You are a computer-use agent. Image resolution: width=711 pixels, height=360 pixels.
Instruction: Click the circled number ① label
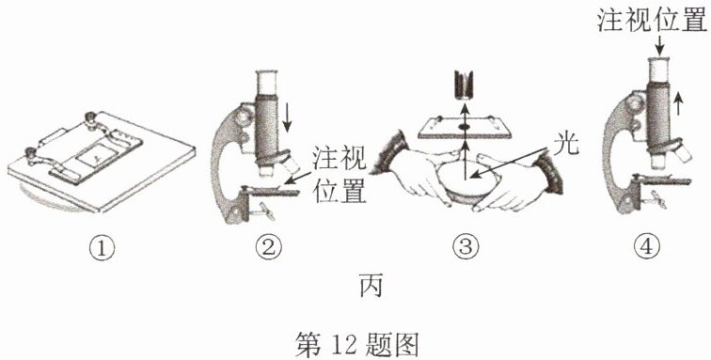[x=103, y=247]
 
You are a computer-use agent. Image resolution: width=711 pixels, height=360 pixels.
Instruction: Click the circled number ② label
[x=268, y=247]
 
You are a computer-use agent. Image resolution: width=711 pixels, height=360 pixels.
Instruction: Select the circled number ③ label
[x=466, y=247]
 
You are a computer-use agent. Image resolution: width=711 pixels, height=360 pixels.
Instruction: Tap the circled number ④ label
[x=646, y=247]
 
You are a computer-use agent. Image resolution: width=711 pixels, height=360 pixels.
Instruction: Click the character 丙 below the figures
[x=371, y=286]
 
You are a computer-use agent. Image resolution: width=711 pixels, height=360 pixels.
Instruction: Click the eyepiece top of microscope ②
[x=267, y=72]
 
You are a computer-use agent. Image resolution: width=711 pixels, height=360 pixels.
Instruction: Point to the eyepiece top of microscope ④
[x=659, y=59]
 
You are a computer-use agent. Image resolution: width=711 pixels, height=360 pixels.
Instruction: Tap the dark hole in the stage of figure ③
[x=464, y=127]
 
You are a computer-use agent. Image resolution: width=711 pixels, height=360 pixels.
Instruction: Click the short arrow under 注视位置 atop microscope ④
[x=659, y=44]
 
